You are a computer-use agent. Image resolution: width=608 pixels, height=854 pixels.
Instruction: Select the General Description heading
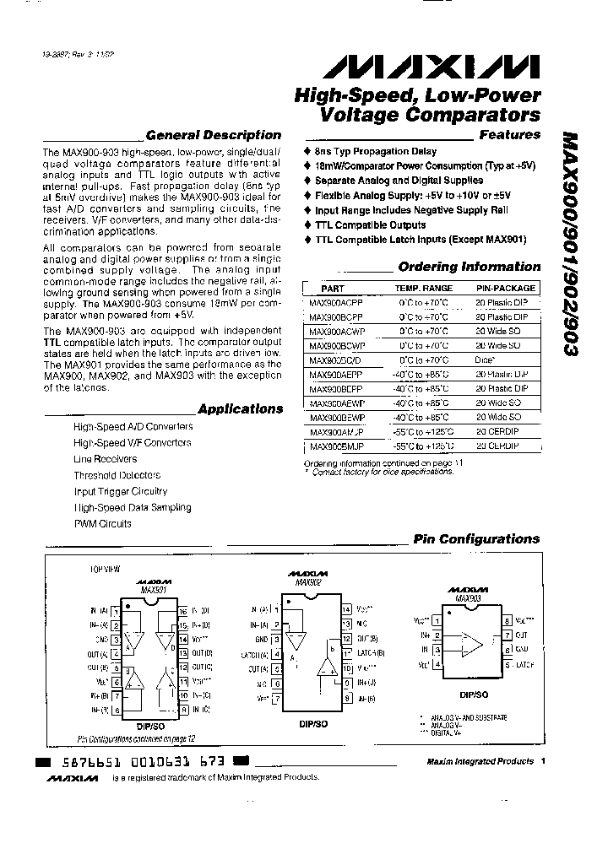tap(213, 135)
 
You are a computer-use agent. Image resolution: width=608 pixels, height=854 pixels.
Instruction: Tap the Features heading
tap(509, 135)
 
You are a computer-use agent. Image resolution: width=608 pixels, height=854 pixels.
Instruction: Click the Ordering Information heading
tap(469, 267)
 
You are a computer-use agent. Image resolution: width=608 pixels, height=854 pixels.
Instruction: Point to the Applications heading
tap(240, 409)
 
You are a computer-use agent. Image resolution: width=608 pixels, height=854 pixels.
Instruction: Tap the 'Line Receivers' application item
tap(105, 459)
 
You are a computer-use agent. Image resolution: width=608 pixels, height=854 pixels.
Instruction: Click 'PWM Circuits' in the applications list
tap(102, 523)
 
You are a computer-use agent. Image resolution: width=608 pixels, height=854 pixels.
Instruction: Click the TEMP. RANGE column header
tap(424, 289)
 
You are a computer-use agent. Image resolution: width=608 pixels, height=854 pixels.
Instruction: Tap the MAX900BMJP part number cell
tap(335, 446)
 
